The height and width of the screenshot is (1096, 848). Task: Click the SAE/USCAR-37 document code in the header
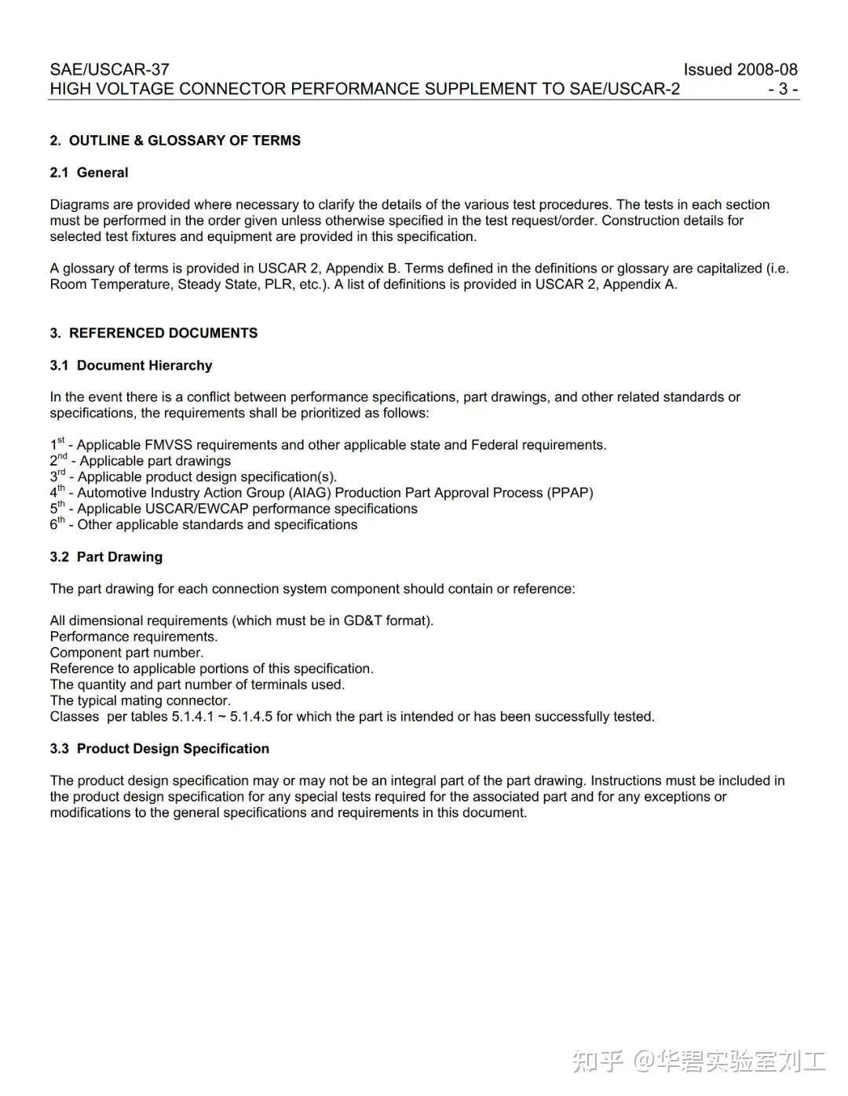tap(109, 69)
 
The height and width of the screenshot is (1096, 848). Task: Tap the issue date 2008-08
tap(767, 69)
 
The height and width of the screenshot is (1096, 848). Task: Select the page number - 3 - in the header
tap(783, 89)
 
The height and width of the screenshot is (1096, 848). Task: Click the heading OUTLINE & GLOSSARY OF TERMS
tap(185, 141)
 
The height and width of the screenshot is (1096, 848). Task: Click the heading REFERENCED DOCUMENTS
tap(163, 333)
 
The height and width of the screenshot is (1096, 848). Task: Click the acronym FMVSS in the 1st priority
tap(171, 445)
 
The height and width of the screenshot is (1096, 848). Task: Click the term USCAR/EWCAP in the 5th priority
tap(197, 509)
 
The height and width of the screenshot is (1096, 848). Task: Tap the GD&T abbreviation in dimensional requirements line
tap(362, 620)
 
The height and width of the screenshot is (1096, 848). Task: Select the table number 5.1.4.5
tap(250, 716)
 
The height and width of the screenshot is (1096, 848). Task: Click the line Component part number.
tap(126, 652)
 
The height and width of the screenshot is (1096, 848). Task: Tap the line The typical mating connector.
tap(141, 700)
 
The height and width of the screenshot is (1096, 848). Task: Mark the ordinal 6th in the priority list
tap(57, 524)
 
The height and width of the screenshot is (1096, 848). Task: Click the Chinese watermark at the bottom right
tap(699, 1061)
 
